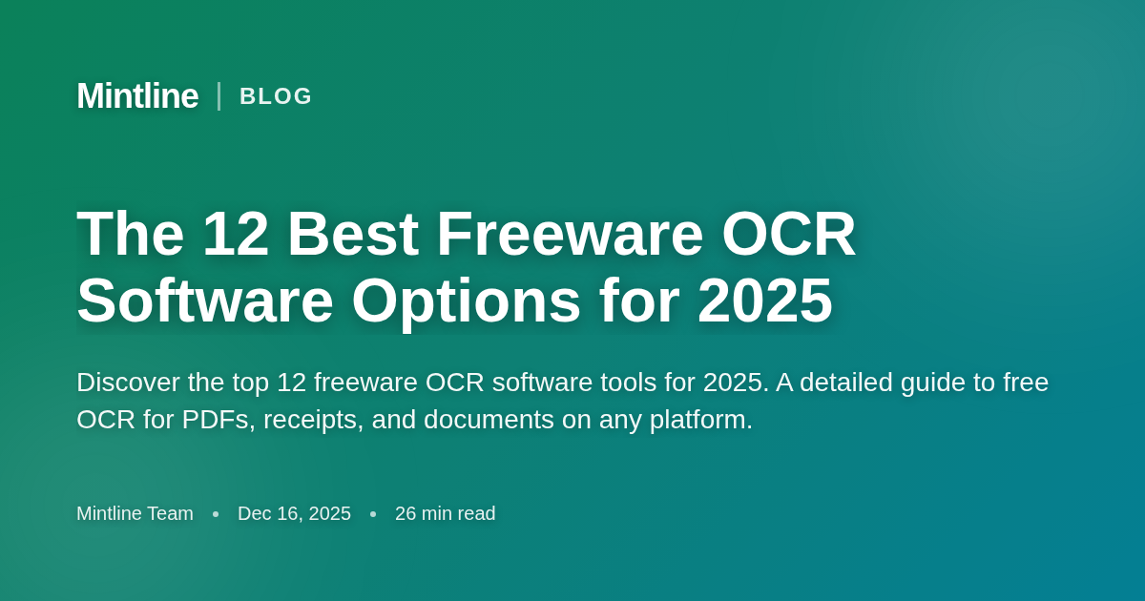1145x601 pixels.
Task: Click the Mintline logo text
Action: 137,96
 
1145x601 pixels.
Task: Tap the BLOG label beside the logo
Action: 276,96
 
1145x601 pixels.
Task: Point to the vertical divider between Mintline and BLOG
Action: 219,96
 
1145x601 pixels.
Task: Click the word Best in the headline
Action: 352,234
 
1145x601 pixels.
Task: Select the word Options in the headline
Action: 466,300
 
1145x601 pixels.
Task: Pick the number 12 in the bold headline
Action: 236,234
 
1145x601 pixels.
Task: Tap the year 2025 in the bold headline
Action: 764,300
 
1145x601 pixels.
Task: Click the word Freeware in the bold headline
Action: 570,234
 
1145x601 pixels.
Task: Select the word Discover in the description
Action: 128,383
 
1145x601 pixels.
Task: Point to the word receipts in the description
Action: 313,420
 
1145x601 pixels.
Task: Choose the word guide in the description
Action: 931,383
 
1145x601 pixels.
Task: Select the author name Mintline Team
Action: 135,513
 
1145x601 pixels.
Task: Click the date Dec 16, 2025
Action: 294,513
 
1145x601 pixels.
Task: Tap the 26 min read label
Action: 445,513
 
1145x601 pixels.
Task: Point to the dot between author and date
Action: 216,514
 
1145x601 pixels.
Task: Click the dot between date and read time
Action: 373,514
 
